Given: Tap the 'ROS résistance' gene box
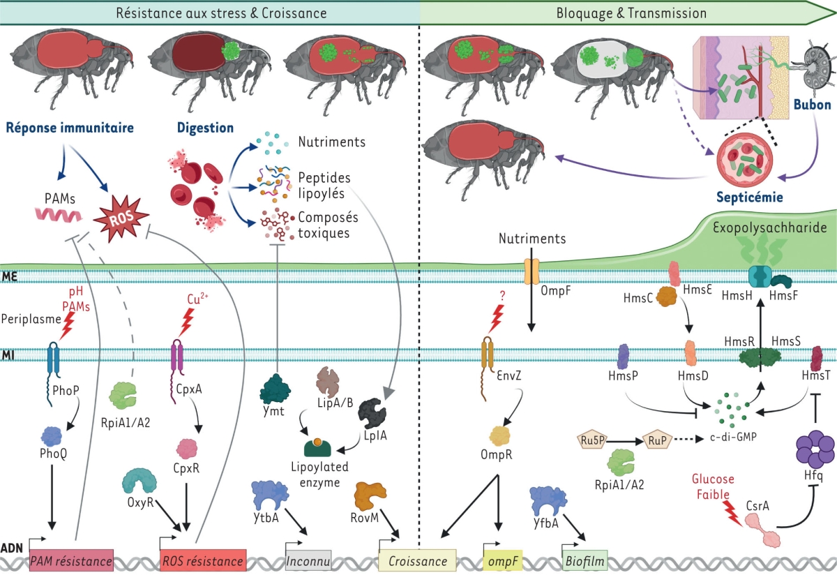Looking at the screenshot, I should [202, 560].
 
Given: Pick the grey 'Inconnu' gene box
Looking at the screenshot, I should [308, 560].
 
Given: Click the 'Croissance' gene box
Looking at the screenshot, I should [418, 560].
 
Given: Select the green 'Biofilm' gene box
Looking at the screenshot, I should [585, 560].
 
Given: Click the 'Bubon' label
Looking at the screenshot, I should [810, 104].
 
